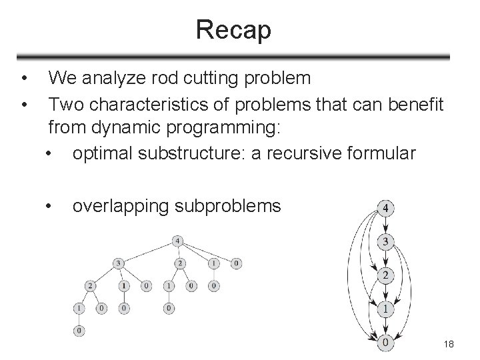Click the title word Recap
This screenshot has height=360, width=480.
(233, 31)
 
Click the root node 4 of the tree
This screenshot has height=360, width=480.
(177, 241)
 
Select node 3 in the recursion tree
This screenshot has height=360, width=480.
(119, 263)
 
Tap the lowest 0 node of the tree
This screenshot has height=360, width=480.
(80, 330)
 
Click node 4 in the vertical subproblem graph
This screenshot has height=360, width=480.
(385, 209)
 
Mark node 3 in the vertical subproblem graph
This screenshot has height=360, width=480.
(385, 241)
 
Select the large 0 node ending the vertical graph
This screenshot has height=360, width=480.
(385, 343)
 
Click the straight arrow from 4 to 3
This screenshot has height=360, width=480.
(385, 225)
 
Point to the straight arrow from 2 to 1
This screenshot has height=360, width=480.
(385, 293)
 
